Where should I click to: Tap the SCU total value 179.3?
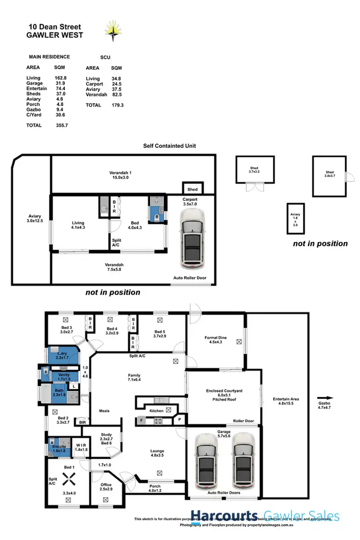[117, 105]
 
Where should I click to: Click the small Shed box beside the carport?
[192, 189]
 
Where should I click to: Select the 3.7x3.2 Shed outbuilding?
[254, 169]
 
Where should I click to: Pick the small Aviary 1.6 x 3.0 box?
[296, 218]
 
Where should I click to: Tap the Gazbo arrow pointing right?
[325, 398]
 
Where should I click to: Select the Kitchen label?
[156, 411]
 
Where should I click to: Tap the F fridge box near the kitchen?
[142, 421]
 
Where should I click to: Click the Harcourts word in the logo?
[231, 516]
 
